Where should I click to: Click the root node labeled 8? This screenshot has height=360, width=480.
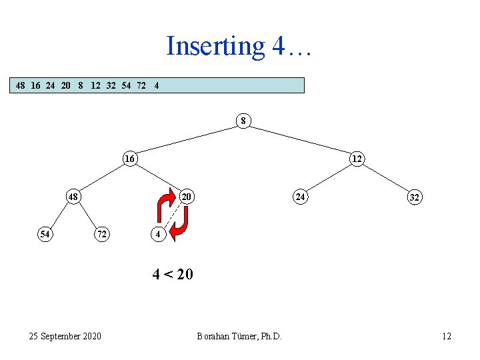(243, 121)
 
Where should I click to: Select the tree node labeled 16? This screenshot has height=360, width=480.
(129, 159)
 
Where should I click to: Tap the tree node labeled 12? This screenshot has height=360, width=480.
(357, 159)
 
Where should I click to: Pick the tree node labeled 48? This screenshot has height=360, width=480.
(73, 197)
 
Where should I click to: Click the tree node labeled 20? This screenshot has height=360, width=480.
(187, 197)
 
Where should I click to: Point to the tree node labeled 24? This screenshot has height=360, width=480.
(301, 197)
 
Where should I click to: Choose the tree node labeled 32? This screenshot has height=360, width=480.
(414, 197)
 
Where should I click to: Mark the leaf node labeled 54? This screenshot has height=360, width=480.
(45, 234)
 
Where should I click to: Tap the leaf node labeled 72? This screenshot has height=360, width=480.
(101, 234)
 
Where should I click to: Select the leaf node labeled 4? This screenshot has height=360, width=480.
(158, 234)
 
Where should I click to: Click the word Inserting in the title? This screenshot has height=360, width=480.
(215, 46)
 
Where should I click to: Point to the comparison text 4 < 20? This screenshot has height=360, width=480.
(173, 274)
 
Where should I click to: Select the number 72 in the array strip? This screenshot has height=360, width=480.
(141, 85)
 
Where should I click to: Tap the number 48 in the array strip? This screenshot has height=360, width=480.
(21, 85)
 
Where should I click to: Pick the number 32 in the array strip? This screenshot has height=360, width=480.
(111, 85)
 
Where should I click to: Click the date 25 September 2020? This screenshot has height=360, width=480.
(65, 336)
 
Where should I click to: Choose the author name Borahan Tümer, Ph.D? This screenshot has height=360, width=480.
(239, 336)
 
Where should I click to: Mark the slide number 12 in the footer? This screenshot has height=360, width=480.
(446, 336)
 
